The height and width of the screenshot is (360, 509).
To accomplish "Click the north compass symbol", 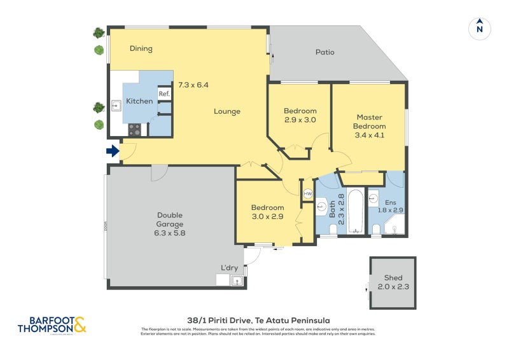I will (480, 28).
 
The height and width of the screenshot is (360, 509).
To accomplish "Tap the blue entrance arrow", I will (112, 151).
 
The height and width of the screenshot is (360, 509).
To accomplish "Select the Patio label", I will (324, 52).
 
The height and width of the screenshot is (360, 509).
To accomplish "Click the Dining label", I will (141, 49).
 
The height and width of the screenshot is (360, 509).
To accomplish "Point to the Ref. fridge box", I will (164, 94).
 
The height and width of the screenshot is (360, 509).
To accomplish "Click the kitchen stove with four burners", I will (134, 130).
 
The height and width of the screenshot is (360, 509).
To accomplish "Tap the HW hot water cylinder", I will (308, 193).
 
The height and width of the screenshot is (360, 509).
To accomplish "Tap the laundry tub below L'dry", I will (237, 280).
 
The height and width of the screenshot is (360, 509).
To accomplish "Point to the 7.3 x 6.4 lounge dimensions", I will (193, 85).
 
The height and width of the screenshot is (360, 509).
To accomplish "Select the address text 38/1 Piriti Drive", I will (258, 320).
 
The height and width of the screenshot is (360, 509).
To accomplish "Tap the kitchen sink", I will (117, 106).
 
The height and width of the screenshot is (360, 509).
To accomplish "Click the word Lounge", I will (227, 111).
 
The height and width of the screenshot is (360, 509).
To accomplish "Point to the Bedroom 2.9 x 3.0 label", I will (300, 115).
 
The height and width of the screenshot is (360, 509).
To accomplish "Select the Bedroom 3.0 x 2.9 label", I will (267, 212).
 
